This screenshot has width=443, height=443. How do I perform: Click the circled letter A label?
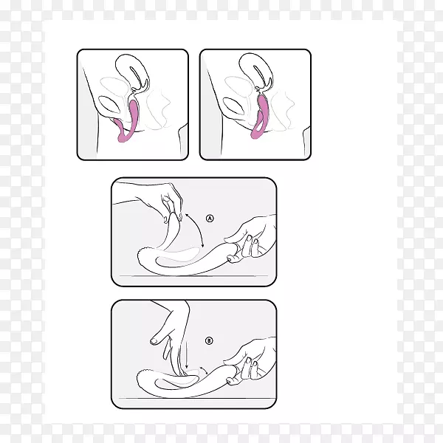[210, 219]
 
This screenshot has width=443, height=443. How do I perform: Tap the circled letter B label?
[209, 340]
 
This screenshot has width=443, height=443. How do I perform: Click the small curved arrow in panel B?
[204, 369]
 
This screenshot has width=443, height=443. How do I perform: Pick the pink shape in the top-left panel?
[127, 121]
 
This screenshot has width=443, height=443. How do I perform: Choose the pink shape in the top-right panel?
[260, 117]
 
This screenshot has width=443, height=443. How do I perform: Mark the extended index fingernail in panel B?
[154, 341]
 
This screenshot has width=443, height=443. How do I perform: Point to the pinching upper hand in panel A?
[164, 201]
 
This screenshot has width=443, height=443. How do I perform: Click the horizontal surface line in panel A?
[193, 275]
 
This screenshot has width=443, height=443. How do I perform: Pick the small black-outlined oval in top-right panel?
[233, 106]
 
